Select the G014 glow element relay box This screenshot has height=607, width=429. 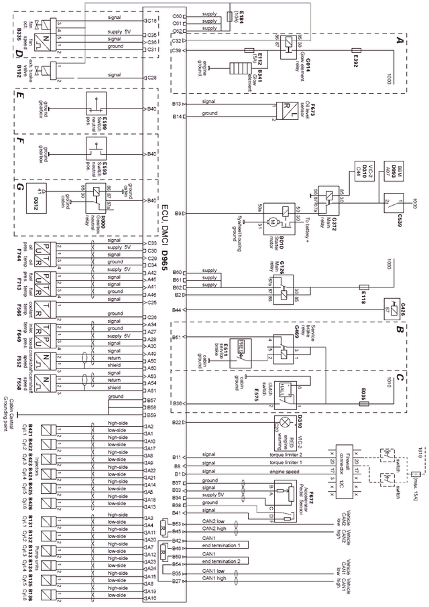pos(286,44)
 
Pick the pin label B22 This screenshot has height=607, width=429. pos(177,423)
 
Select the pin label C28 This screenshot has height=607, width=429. pos(152,78)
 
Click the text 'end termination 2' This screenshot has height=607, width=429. pos(223,560)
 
